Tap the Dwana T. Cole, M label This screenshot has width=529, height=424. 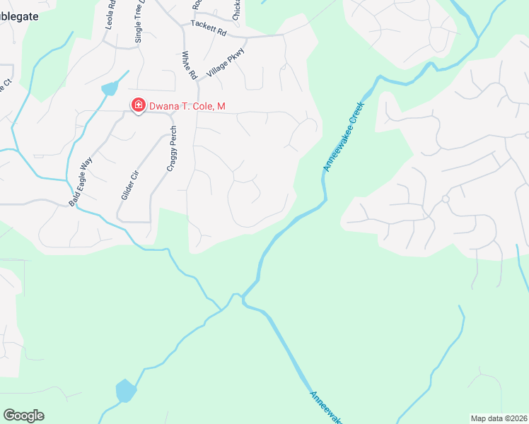(x=186, y=107)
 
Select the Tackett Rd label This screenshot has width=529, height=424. (x=208, y=32)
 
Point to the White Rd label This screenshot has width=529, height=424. (x=188, y=65)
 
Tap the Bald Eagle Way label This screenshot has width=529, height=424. (x=81, y=182)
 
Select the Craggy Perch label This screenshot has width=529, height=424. (x=171, y=148)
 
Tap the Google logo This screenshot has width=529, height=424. (x=23, y=416)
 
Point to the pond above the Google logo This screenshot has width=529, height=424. (x=125, y=390)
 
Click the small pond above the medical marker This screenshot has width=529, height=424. (x=110, y=88)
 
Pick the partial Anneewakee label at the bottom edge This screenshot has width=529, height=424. (x=325, y=408)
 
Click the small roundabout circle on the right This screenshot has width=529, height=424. (x=446, y=199)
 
